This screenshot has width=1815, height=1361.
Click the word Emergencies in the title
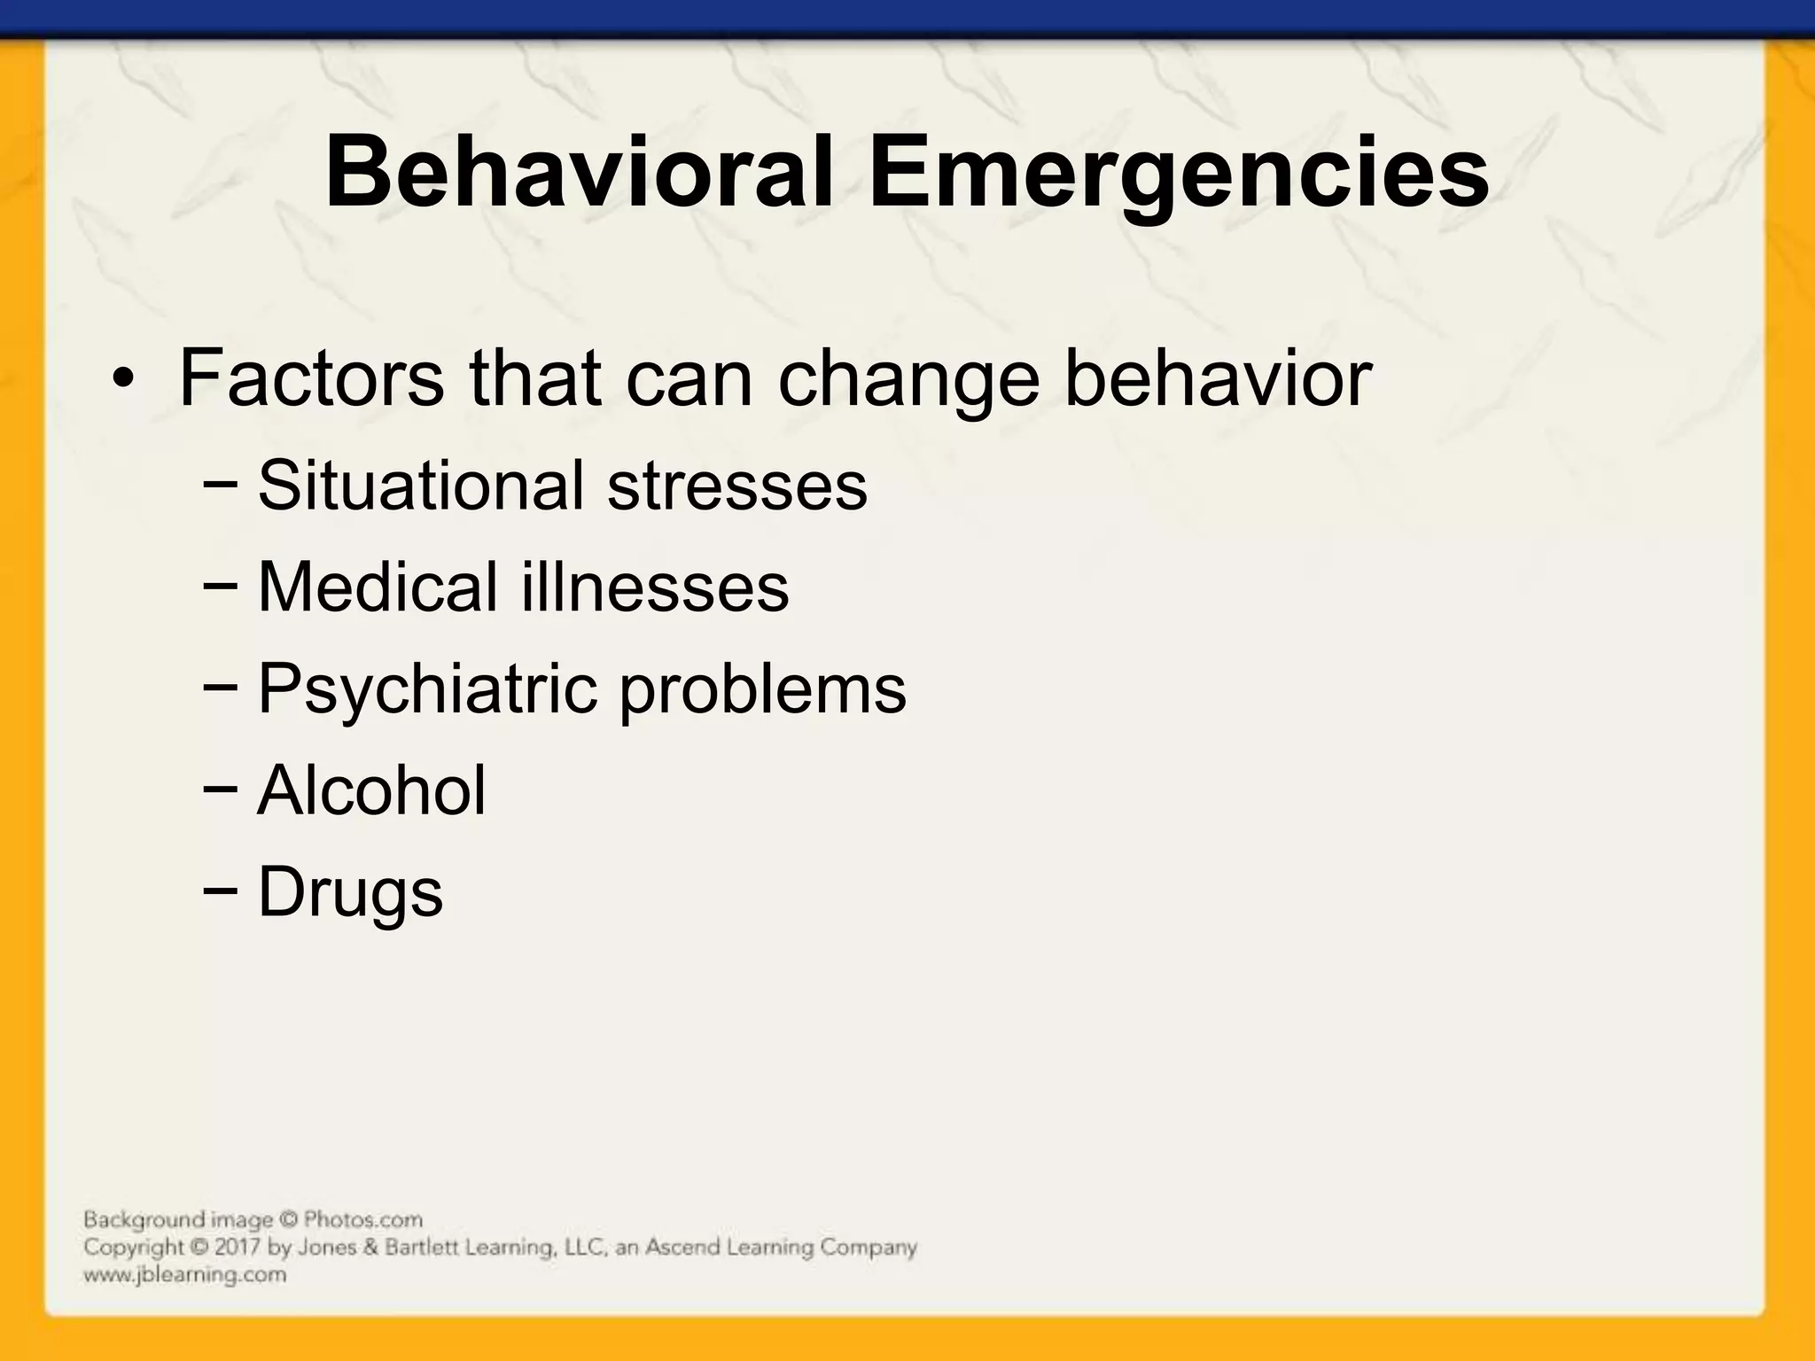pyautogui.click(x=1179, y=173)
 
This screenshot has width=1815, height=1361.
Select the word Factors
pyautogui.click(x=311, y=378)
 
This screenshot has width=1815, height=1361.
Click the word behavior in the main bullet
pyautogui.click(x=1218, y=378)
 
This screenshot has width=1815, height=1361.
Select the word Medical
pyautogui.click(x=378, y=587)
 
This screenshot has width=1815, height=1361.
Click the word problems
pyautogui.click(x=762, y=690)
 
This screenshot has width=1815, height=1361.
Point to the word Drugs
pyautogui.click(x=350, y=893)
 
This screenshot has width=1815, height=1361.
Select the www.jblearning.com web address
pyautogui.click(x=185, y=1275)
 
